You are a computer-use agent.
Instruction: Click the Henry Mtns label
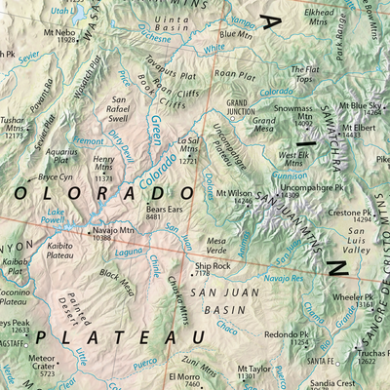(103, 163)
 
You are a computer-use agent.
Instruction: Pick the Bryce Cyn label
(56, 177)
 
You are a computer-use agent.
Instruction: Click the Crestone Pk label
(348, 212)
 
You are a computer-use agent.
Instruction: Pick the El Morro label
(182, 377)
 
